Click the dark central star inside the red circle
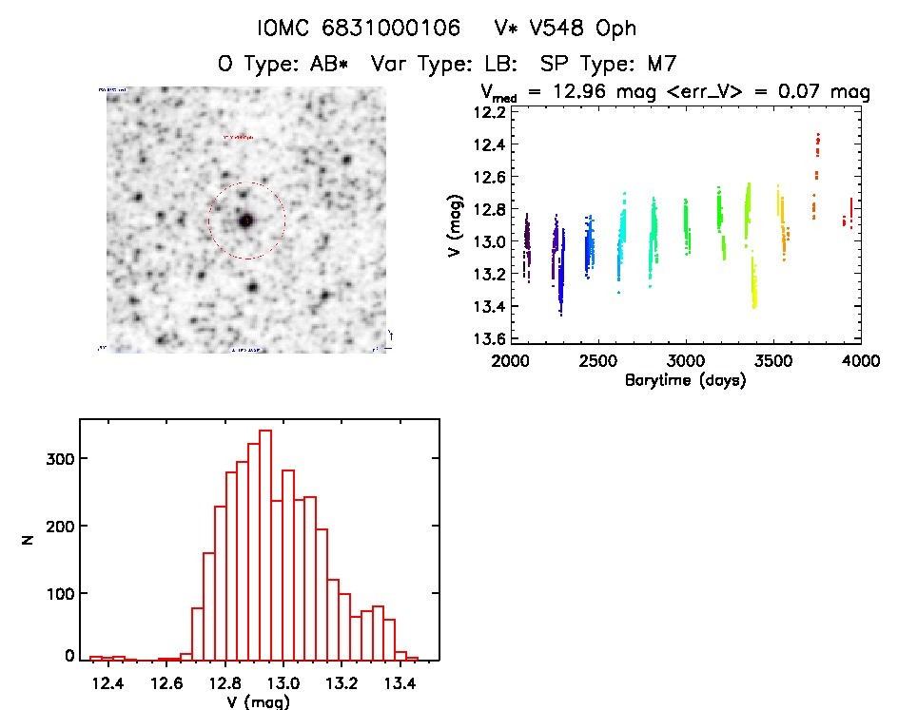(x=246, y=221)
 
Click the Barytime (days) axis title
(x=685, y=379)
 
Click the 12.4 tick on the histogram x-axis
(x=107, y=682)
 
